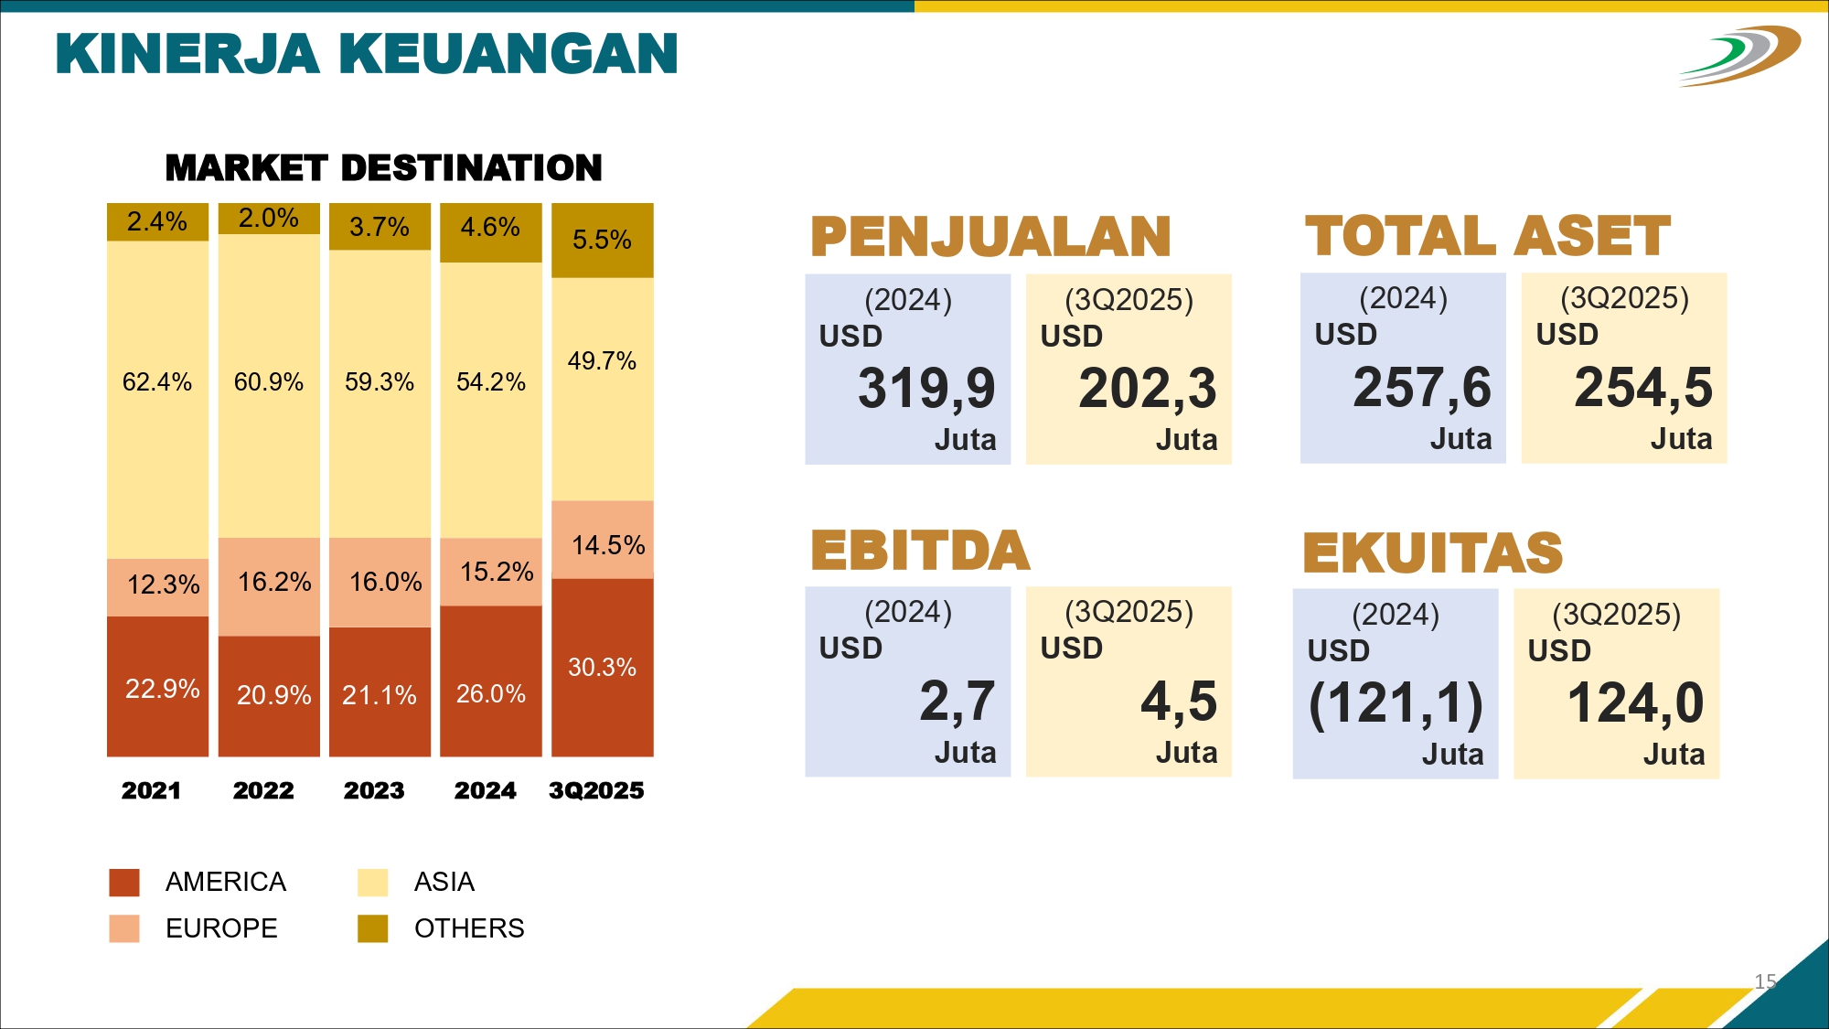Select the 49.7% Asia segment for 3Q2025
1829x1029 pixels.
point(602,389)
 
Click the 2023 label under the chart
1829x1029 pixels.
point(374,790)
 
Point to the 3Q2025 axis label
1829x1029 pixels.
point(596,790)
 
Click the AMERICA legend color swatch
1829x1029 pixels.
point(124,882)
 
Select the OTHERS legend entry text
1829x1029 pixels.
point(469,928)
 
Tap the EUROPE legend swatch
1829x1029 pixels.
point(124,928)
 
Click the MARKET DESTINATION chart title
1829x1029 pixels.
point(383,168)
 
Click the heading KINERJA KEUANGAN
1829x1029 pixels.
point(367,54)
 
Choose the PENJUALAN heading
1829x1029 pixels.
point(990,237)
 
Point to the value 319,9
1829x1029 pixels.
point(925,388)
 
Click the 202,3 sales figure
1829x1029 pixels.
point(1147,388)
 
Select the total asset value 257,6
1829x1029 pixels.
point(1421,387)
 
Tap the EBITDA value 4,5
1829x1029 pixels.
point(1179,702)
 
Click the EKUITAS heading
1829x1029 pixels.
point(1432,552)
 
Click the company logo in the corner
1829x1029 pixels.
point(1739,55)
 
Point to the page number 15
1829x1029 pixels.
point(1765,981)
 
